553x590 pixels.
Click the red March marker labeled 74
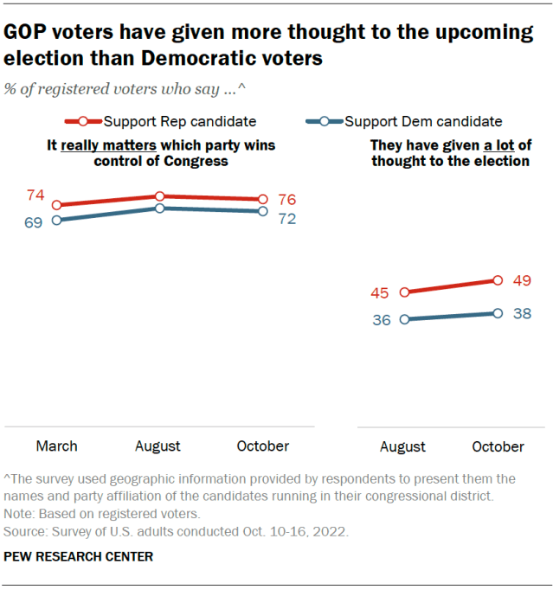click(57, 206)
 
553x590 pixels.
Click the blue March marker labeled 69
click(57, 220)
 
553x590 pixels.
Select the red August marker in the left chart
click(159, 197)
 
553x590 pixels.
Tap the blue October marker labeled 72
click(262, 211)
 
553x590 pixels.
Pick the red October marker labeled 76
click(262, 200)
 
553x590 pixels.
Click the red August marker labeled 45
click(403, 292)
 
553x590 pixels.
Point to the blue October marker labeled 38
click(498, 313)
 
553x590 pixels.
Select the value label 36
click(382, 319)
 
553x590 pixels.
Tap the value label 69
click(34, 222)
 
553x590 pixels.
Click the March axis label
click(56, 446)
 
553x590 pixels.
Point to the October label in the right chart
click(498, 447)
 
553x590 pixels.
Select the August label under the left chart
click(158, 446)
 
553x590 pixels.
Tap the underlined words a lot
click(495, 145)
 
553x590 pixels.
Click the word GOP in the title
click(29, 33)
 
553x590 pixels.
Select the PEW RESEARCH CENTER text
click(79, 556)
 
